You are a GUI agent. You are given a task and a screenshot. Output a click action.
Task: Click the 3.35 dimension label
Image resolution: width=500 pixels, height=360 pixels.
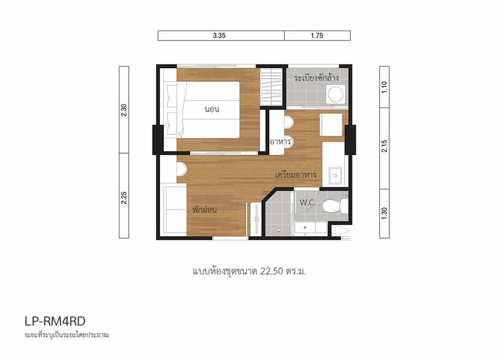tap(219, 36)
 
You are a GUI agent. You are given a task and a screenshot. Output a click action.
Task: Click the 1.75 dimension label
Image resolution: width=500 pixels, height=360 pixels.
tap(317, 36)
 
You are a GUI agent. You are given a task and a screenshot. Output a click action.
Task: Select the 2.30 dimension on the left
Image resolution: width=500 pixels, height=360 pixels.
tap(124, 110)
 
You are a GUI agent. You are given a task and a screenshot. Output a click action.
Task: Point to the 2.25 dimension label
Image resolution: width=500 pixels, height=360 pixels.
tap(124, 197)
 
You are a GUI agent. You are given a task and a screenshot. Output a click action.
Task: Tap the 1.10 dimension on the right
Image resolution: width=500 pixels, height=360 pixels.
tap(384, 87)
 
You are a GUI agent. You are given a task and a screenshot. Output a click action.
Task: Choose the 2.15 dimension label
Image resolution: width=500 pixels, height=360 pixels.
tap(384, 146)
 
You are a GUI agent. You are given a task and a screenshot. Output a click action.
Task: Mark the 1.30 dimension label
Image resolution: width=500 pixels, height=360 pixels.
tap(384, 213)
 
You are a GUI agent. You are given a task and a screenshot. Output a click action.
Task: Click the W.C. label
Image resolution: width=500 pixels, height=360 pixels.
tap(307, 202)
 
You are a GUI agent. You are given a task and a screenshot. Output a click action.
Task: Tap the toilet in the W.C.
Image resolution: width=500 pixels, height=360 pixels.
tap(335, 206)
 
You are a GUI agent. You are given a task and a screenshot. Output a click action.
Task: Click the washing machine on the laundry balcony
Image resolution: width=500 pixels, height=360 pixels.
tap(336, 94)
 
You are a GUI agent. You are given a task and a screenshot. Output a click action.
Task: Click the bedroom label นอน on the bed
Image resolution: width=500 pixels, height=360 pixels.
tap(212, 109)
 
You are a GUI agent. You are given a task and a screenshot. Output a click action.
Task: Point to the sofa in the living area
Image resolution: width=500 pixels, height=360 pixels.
tap(175, 211)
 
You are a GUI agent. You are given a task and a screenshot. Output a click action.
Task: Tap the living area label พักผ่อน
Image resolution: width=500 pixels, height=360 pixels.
tap(204, 210)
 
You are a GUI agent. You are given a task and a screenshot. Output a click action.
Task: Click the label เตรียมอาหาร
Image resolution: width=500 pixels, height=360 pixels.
tap(296, 175)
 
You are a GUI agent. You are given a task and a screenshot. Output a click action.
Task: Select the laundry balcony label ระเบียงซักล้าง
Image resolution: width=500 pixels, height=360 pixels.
tap(316, 77)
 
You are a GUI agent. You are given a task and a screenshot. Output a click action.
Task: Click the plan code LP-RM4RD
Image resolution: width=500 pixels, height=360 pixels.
tap(55, 321)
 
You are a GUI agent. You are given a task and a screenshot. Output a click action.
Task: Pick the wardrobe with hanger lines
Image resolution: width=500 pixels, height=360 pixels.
tap(271, 87)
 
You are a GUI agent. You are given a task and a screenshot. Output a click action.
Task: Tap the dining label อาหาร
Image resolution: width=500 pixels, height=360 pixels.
tap(280, 142)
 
